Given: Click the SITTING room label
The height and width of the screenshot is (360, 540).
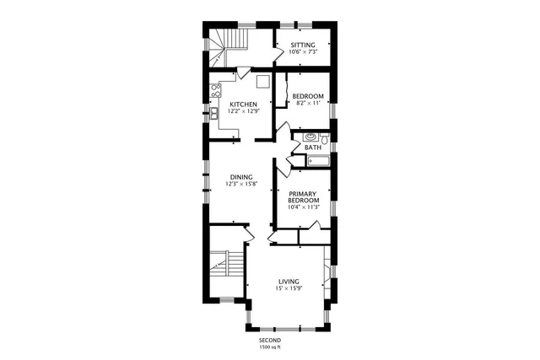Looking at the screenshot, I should tap(303, 44).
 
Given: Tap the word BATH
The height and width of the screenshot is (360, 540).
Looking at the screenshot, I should tap(313, 148).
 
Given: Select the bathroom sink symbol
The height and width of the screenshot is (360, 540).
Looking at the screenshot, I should tap(310, 135).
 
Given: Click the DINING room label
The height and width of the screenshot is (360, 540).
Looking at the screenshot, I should tap(241, 177).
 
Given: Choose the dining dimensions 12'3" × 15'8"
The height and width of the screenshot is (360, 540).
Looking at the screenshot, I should tap(241, 184).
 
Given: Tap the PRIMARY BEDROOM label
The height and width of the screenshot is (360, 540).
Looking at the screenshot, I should tap(303, 196).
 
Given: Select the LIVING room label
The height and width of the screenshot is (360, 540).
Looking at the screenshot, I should tap(289, 281).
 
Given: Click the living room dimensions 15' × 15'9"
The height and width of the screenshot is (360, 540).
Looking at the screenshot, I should tap(289, 287).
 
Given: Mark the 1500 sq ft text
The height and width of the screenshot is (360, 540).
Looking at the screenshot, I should tap(270, 347).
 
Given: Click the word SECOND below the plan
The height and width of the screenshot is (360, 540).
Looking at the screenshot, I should tap(270, 340).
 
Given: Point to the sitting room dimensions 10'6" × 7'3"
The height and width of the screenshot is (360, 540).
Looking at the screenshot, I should tap(303, 51).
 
